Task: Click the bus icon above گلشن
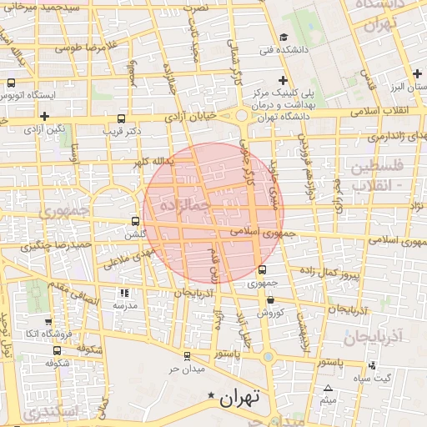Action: [136, 222]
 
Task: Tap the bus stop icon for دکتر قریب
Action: [122, 119]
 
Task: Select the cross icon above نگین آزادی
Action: [43, 116]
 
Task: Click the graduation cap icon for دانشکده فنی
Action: [284, 37]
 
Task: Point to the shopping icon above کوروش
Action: [271, 300]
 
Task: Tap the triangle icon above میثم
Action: [329, 389]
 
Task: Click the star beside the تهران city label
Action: [212, 394]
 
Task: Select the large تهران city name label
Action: [242, 398]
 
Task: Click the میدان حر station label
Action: [188, 369]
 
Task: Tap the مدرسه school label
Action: [126, 305]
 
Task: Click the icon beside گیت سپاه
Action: [372, 366]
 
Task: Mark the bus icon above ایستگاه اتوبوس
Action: [12, 83]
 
